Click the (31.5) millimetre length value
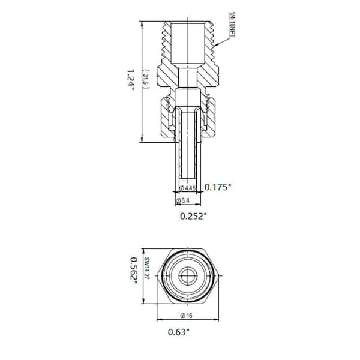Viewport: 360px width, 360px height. click(x=145, y=79)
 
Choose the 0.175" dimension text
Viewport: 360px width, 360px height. click(x=218, y=187)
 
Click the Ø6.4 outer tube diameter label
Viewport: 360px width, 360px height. click(x=184, y=200)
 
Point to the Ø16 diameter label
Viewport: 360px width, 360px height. click(x=188, y=316)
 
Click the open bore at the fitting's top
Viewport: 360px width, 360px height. click(x=188, y=42)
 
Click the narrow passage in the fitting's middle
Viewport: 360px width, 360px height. click(x=188, y=78)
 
